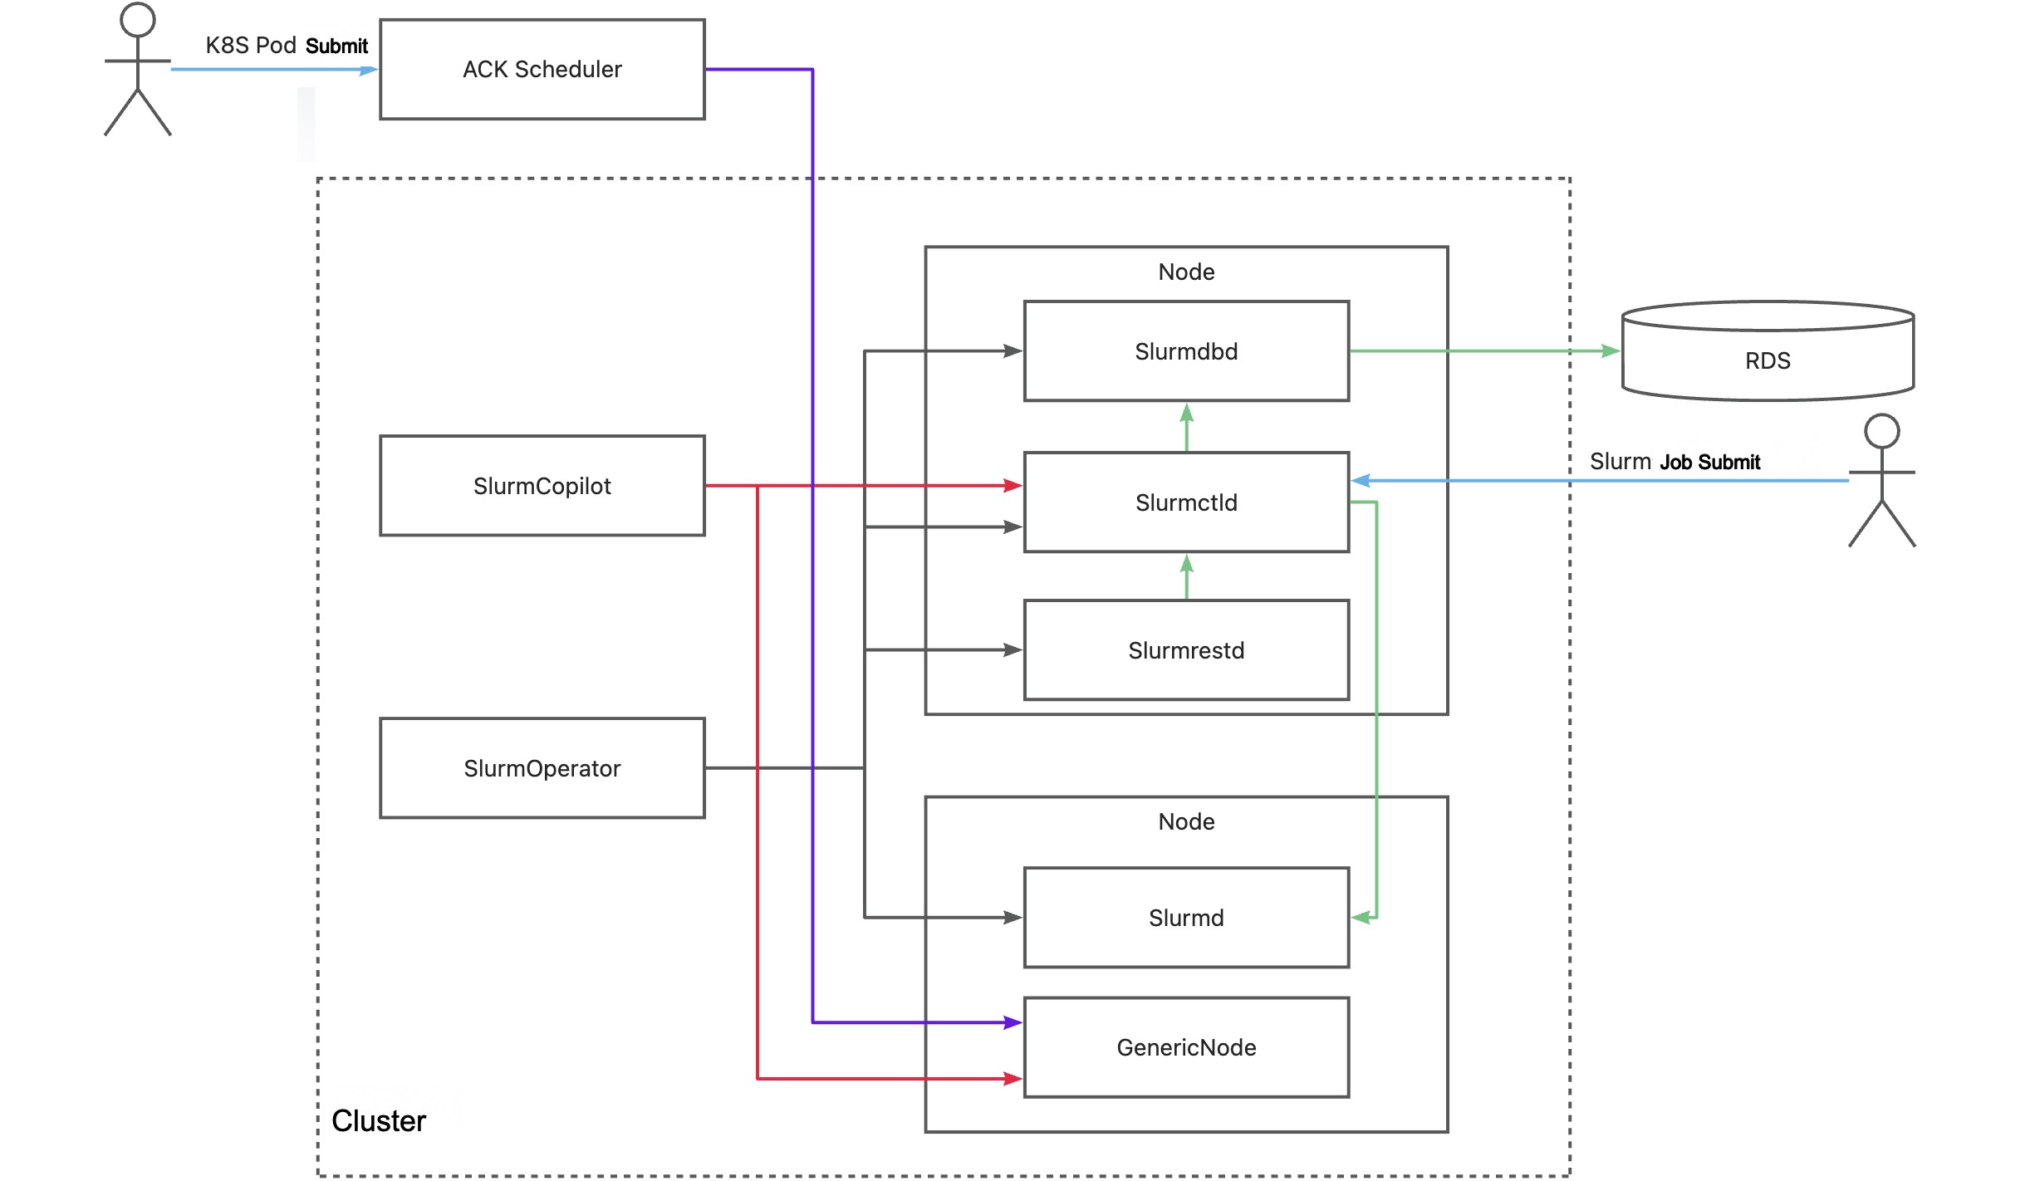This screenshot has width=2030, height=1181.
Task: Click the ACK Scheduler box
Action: click(542, 70)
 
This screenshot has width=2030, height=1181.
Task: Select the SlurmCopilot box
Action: click(542, 486)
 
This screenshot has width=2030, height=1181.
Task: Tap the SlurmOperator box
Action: click(542, 768)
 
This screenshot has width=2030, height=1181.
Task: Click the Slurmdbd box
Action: click(1185, 351)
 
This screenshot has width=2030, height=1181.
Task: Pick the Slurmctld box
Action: click(1185, 502)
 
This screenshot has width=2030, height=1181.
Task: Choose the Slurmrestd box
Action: click(1185, 650)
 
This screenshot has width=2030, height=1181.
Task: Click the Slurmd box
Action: click(1185, 918)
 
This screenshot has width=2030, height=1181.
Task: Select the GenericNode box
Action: click(1185, 1047)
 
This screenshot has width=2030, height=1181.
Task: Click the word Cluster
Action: click(379, 1121)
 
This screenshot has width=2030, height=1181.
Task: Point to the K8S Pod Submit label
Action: click(287, 46)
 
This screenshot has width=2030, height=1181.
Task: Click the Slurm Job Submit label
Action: click(1675, 462)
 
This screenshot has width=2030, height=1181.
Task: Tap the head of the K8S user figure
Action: click(138, 19)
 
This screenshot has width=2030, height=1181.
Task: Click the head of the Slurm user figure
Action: click(1881, 431)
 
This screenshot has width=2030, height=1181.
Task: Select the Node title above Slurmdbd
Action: click(1185, 272)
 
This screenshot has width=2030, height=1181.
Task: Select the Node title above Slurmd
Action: click(1185, 822)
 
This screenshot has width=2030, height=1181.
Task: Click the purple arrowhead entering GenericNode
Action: click(1013, 1022)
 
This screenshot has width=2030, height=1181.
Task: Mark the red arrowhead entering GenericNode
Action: click(1013, 1079)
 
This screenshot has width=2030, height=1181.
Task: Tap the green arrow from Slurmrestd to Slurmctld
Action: click(1186, 576)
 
